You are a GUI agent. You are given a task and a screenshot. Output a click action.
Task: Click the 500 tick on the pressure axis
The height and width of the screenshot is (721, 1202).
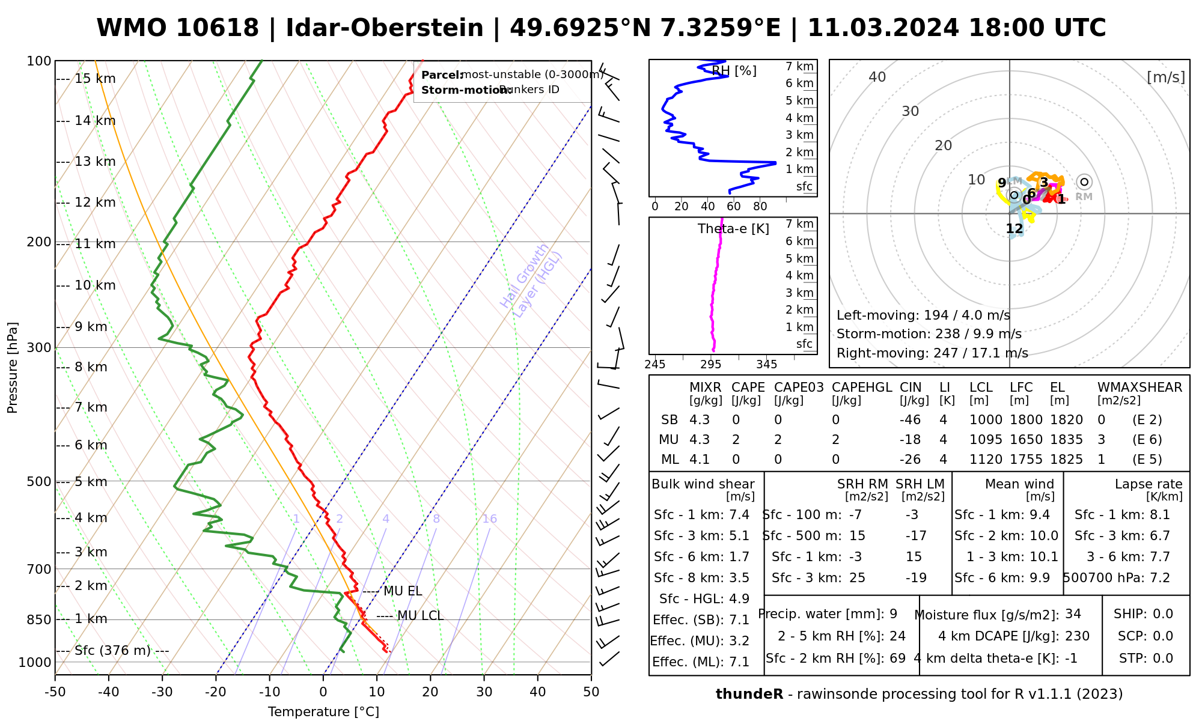click(38, 482)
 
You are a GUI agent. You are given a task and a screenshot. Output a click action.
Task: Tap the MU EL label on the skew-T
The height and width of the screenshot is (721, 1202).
click(403, 591)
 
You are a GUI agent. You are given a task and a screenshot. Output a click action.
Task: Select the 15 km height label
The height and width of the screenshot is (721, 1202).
click(95, 79)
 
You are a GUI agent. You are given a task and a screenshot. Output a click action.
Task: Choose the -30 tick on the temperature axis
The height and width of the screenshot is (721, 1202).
click(162, 692)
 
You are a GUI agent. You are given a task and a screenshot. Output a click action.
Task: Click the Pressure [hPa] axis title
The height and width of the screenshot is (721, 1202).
click(13, 368)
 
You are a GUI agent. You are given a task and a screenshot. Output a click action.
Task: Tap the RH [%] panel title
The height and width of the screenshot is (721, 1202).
click(734, 71)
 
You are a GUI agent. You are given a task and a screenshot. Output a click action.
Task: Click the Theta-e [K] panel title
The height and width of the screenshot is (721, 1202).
click(733, 229)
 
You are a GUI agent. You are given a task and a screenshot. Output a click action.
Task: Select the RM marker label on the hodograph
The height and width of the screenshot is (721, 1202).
click(1084, 196)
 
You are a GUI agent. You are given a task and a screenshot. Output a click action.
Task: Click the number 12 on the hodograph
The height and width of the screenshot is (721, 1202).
click(1014, 229)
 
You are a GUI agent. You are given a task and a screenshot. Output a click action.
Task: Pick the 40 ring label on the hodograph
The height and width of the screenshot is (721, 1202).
click(877, 77)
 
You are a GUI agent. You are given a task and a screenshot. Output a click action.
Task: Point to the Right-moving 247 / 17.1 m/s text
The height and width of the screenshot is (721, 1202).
click(932, 353)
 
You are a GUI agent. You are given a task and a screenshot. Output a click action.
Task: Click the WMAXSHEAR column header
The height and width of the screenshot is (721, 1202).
click(1139, 388)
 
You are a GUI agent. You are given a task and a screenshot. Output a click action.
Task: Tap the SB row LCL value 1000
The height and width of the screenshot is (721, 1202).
click(986, 420)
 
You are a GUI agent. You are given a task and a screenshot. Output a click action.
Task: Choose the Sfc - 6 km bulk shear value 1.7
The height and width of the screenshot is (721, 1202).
click(739, 557)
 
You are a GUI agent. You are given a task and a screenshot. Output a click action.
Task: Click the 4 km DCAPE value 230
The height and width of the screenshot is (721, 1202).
click(1077, 636)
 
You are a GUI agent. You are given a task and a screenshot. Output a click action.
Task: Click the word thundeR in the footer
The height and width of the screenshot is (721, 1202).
click(749, 695)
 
